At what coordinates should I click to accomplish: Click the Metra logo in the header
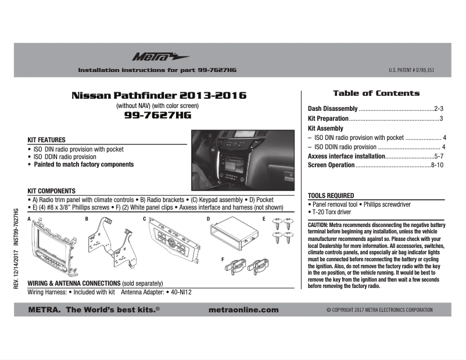pyautogui.click(x=152, y=56)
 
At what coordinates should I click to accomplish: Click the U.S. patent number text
pyautogui.click(x=411, y=70)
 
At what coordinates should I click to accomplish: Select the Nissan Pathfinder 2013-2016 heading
pyautogui.click(x=159, y=95)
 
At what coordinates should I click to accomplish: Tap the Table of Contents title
pyautogui.click(x=376, y=93)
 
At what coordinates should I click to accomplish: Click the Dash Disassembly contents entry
pyautogui.click(x=332, y=109)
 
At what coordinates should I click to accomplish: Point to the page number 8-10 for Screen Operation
pyautogui.click(x=438, y=165)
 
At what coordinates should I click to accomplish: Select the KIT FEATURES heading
pyautogui.click(x=46, y=140)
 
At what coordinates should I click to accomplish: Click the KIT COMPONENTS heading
pyautogui.click(x=52, y=191)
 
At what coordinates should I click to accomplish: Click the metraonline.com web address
pyautogui.click(x=243, y=310)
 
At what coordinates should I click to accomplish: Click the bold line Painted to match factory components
pyautogui.click(x=83, y=165)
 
